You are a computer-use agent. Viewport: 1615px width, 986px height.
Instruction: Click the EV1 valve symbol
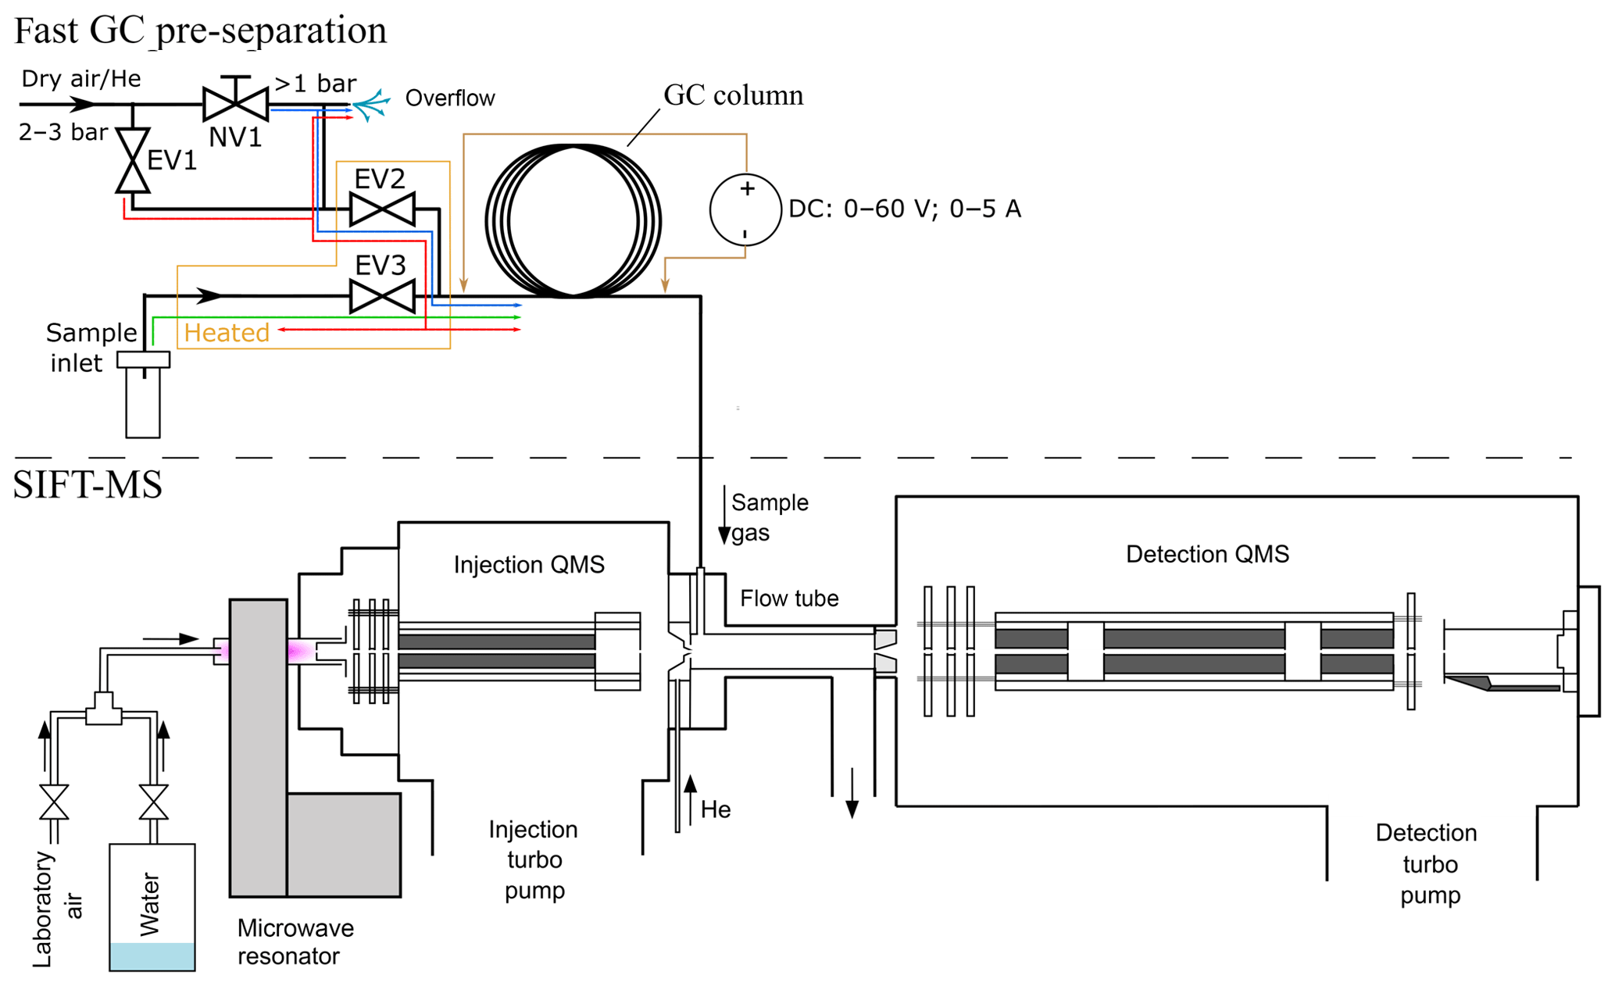click(x=133, y=160)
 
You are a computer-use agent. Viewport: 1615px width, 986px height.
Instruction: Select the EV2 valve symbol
click(x=382, y=209)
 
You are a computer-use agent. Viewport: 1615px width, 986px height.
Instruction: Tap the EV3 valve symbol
click(x=382, y=296)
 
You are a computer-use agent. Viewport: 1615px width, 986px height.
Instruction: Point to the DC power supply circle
click(x=745, y=209)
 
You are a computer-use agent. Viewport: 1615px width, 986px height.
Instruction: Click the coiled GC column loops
click(x=573, y=221)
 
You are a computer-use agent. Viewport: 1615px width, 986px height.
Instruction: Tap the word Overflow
click(x=450, y=98)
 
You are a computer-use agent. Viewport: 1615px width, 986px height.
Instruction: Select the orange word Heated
click(x=227, y=333)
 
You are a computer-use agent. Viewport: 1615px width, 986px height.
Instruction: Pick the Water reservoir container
click(x=152, y=907)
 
